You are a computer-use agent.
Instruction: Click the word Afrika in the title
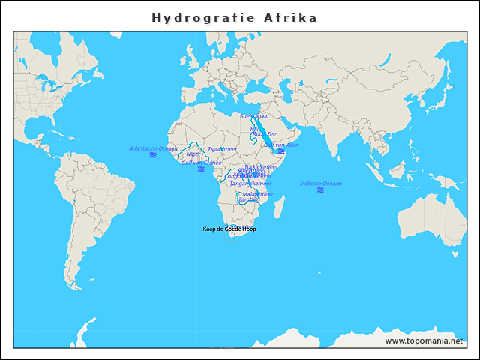pos(290,17)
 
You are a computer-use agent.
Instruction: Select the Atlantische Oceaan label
pos(153,148)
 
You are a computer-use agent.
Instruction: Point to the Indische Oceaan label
pos(320,183)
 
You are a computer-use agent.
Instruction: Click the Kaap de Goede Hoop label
pos(229,229)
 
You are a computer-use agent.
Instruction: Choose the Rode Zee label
pos(265,135)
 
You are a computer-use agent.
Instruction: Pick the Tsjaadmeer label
pos(222,149)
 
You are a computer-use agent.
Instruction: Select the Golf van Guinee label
pos(202,162)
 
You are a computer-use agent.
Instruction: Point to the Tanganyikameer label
pos(250,183)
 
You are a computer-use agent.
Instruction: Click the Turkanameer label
pos(261,166)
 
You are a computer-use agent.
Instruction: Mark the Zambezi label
pos(248,199)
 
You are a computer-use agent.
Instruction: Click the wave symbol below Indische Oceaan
pos(320,190)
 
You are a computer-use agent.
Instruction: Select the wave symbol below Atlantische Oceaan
pos(153,155)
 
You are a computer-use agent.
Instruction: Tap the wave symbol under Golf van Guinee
pos(201,169)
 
